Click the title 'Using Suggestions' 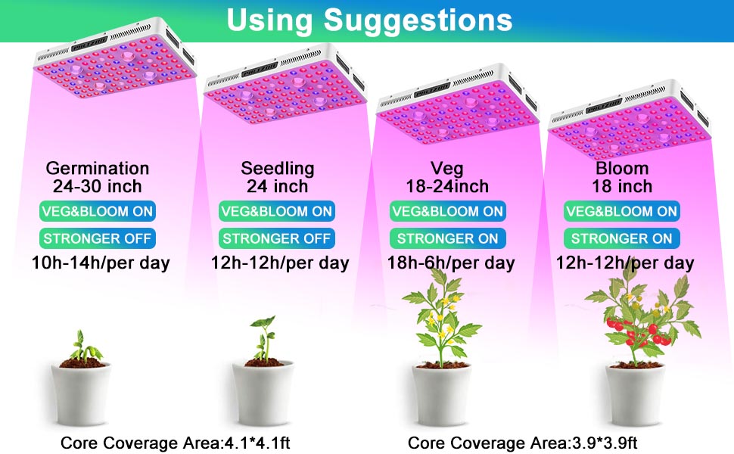tap(369, 20)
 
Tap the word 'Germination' tap(98, 168)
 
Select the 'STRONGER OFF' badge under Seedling tap(277, 238)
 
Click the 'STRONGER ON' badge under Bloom tap(621, 238)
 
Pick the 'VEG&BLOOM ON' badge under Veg tap(447, 211)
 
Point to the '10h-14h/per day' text tap(100, 263)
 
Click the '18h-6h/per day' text tap(451, 263)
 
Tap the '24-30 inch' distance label tap(98, 186)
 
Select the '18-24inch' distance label tap(447, 186)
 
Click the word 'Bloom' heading tap(622, 168)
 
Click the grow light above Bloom tap(630, 120)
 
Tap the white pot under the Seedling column tap(263, 392)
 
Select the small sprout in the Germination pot tap(84, 347)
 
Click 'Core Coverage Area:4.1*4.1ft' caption tap(175, 443)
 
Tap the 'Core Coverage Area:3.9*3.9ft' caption tap(522, 443)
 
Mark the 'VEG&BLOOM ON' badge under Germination tap(98, 211)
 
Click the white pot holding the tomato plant tap(635, 393)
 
